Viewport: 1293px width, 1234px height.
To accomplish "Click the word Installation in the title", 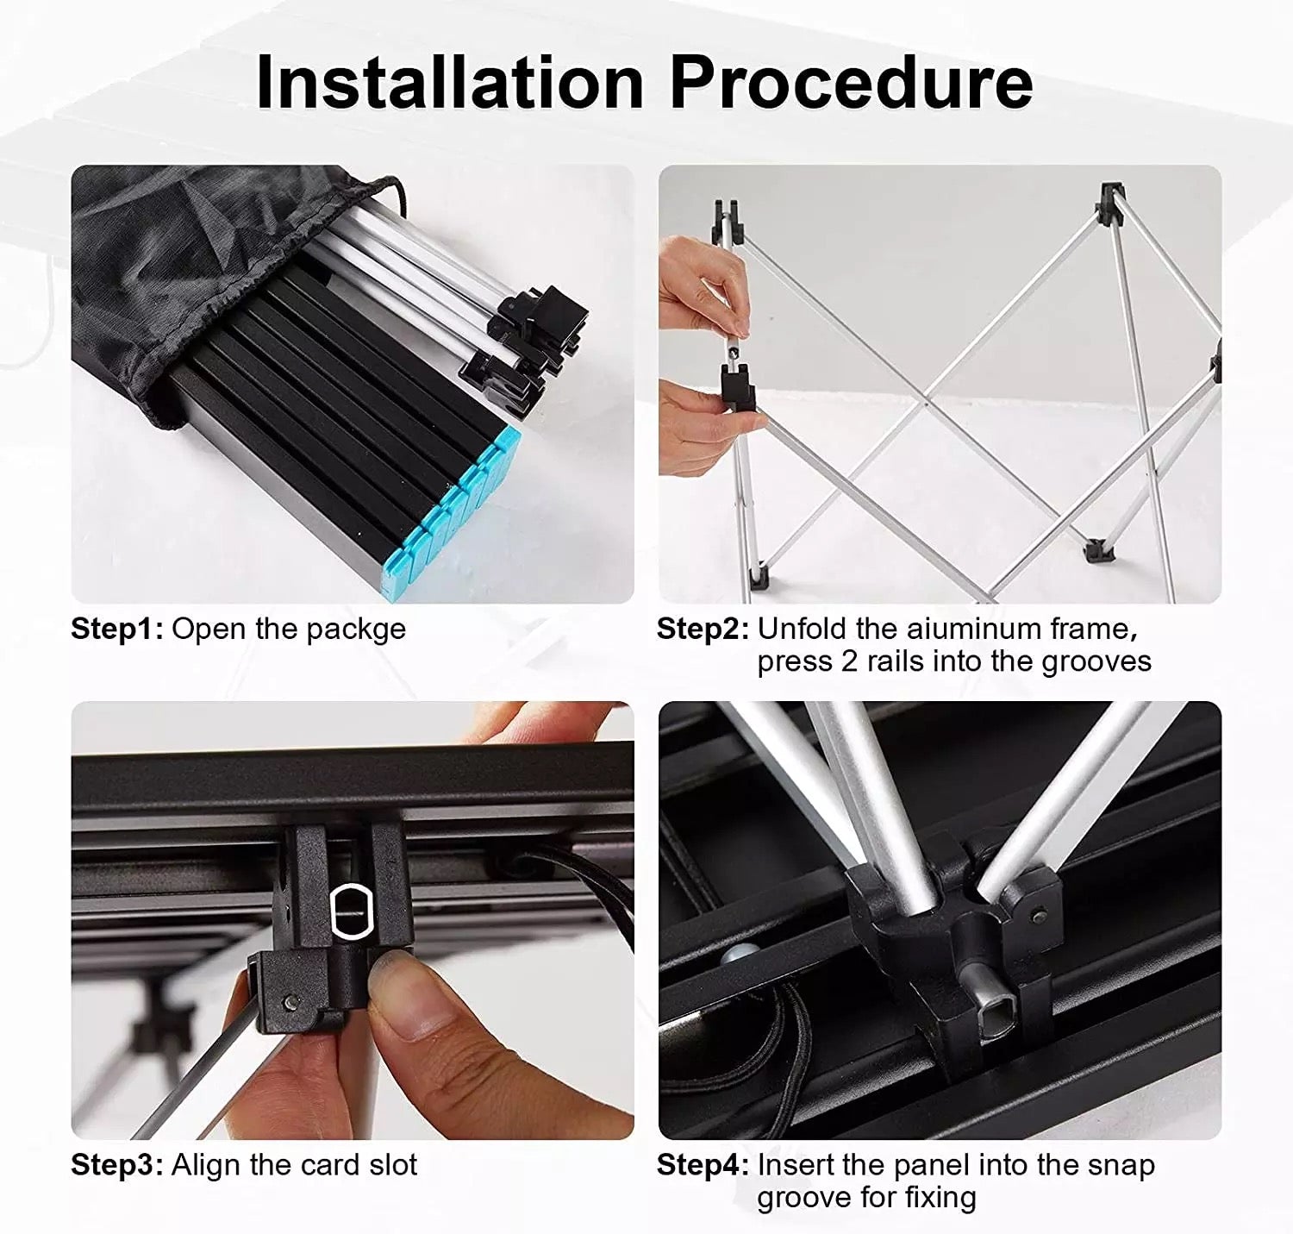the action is (x=449, y=84).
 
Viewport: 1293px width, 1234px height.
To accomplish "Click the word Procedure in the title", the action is (x=851, y=84).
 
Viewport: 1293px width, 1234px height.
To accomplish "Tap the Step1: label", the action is (x=116, y=630).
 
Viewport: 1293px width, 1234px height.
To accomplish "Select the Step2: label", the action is (x=703, y=630).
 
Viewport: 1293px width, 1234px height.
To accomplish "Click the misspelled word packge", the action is (x=356, y=630).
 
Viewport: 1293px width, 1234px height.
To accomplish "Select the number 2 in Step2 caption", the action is (x=849, y=661).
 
